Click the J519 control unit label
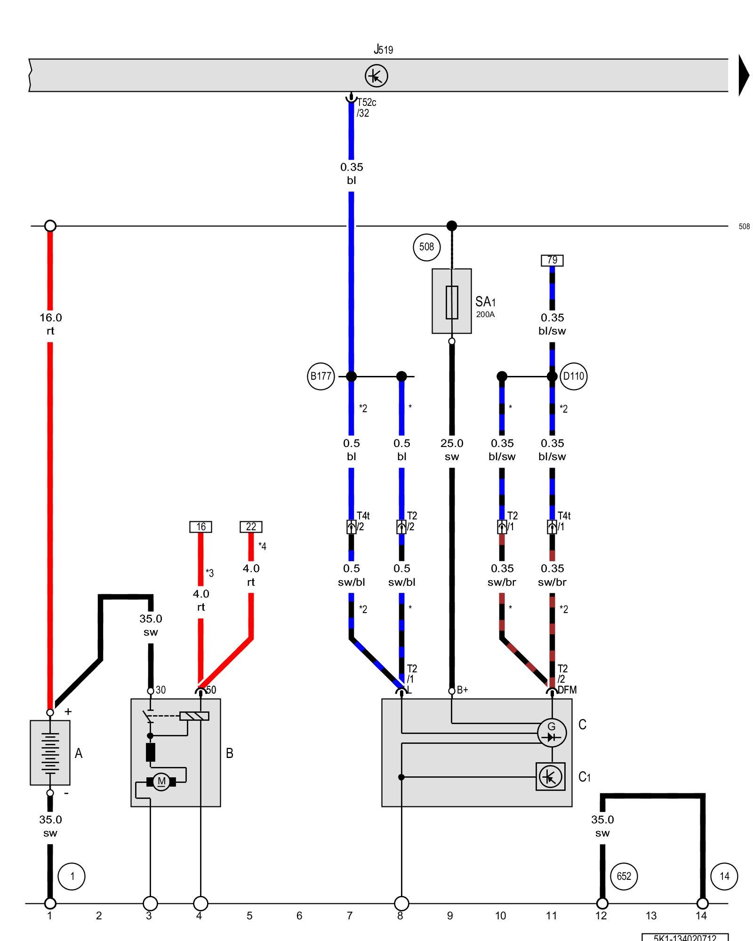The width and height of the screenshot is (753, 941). [384, 49]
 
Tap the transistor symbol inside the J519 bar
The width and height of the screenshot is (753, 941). [376, 76]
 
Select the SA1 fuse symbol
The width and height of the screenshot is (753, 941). [452, 302]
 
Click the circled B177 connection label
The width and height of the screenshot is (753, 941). [320, 376]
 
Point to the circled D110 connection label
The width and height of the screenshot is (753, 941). [573, 376]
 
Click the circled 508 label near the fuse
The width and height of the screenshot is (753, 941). [426, 247]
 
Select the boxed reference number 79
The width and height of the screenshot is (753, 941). [552, 260]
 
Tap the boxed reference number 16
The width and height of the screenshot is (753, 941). [201, 526]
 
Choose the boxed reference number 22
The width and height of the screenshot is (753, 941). [251, 526]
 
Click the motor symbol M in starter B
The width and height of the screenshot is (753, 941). [161, 782]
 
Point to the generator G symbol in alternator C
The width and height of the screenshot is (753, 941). [552, 733]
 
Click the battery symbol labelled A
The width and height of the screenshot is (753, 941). [50, 752]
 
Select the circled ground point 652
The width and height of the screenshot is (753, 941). [624, 876]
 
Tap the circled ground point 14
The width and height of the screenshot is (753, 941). [724, 876]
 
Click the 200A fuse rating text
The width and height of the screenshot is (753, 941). [485, 314]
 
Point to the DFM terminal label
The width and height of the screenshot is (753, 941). [567, 690]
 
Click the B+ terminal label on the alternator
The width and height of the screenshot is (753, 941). [462, 690]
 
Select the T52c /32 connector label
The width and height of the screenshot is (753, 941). [366, 108]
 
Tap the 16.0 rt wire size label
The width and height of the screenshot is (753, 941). [50, 324]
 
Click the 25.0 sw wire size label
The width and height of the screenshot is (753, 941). [452, 450]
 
